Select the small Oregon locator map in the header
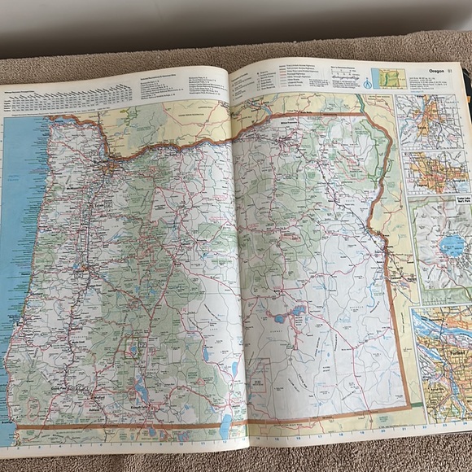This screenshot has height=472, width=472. [388, 79]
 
